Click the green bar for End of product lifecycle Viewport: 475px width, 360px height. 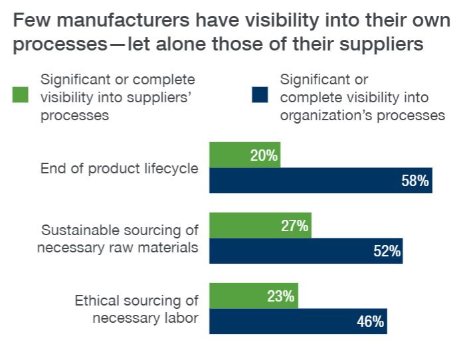tap(244, 155)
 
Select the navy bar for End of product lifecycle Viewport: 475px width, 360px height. tap(321, 181)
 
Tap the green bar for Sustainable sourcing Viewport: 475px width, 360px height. tap(260, 226)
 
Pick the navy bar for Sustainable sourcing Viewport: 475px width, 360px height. tap(306, 251)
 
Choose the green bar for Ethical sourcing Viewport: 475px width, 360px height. tap(254, 296)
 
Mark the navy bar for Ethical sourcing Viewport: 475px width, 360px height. tap(298, 322)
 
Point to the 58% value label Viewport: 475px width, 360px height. tap(415, 181)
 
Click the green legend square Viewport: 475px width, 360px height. tap(21, 96)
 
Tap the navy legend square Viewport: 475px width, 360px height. tap(260, 96)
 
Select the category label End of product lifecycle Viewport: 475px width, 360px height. tap(120, 168)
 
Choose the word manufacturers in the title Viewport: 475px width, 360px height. tap(114, 21)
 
